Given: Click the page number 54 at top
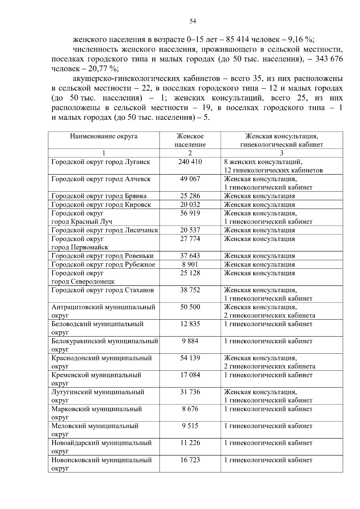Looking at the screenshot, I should [x=193, y=21].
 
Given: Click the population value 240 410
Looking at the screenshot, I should [x=190, y=162].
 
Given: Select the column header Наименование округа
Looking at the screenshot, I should [x=104, y=136].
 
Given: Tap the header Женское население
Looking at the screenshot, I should [x=190, y=140].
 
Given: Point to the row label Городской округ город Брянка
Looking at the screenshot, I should [x=99, y=196].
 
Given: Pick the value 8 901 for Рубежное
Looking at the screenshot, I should [x=190, y=264].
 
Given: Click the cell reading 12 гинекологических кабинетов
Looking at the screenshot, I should [x=273, y=170].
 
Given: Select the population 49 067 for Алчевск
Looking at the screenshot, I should [x=190, y=179].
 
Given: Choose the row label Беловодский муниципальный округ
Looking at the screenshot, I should [x=97, y=328].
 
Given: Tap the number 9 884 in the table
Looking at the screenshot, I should [x=190, y=341].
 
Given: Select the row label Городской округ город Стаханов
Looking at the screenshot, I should [x=103, y=290].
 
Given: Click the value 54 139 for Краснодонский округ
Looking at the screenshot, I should [x=190, y=358].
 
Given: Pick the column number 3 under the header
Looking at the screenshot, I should [x=281, y=153].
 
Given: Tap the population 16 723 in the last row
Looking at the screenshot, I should [x=190, y=460].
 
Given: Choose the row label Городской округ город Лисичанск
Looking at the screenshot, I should [x=105, y=230].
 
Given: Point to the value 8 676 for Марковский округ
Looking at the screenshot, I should [x=190, y=409].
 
